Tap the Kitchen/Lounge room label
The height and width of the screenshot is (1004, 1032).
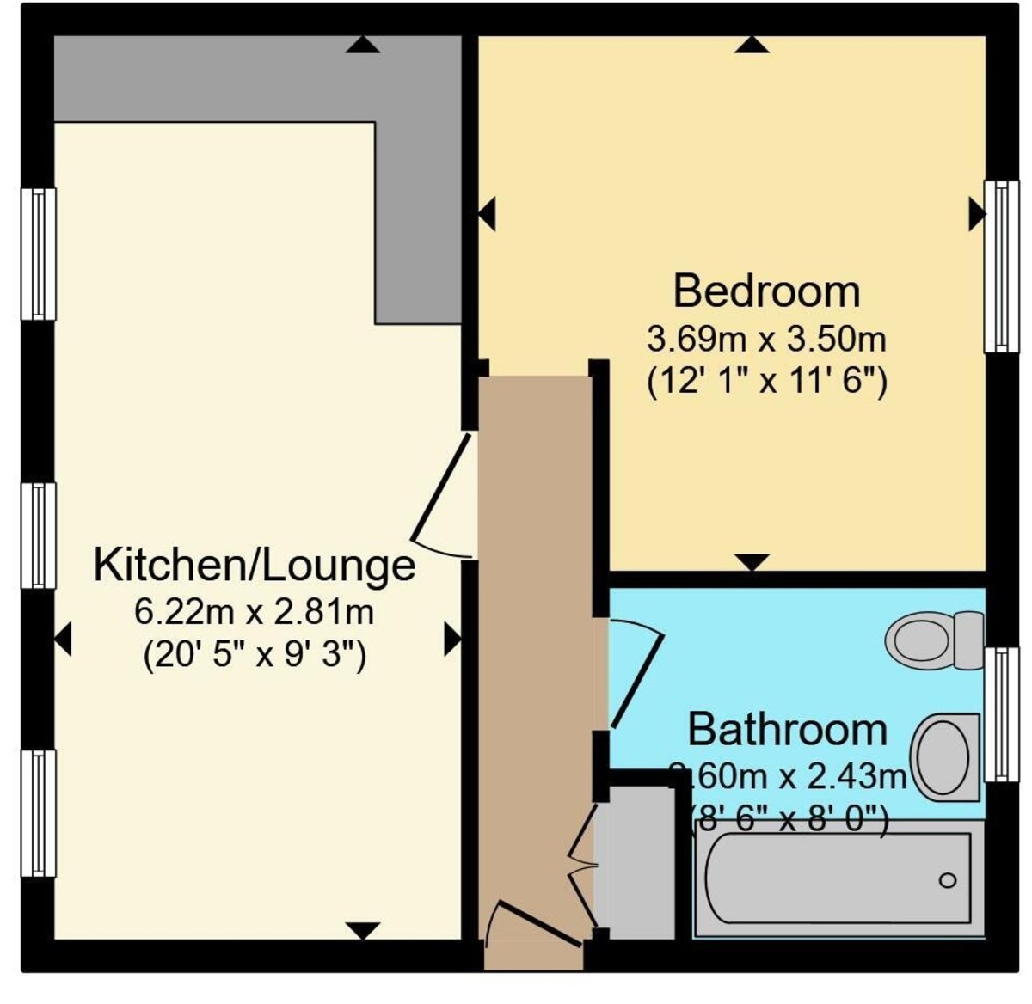point(254,565)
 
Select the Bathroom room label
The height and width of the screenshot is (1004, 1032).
point(787,730)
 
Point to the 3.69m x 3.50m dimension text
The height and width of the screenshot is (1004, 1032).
point(766,340)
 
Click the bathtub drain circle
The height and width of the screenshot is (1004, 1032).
point(948,880)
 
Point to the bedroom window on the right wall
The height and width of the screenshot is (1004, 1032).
point(1000,266)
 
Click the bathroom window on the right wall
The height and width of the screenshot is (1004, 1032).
point(1000,714)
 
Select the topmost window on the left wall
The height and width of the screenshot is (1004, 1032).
point(38,254)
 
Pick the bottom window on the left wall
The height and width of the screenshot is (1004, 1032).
point(38,813)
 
